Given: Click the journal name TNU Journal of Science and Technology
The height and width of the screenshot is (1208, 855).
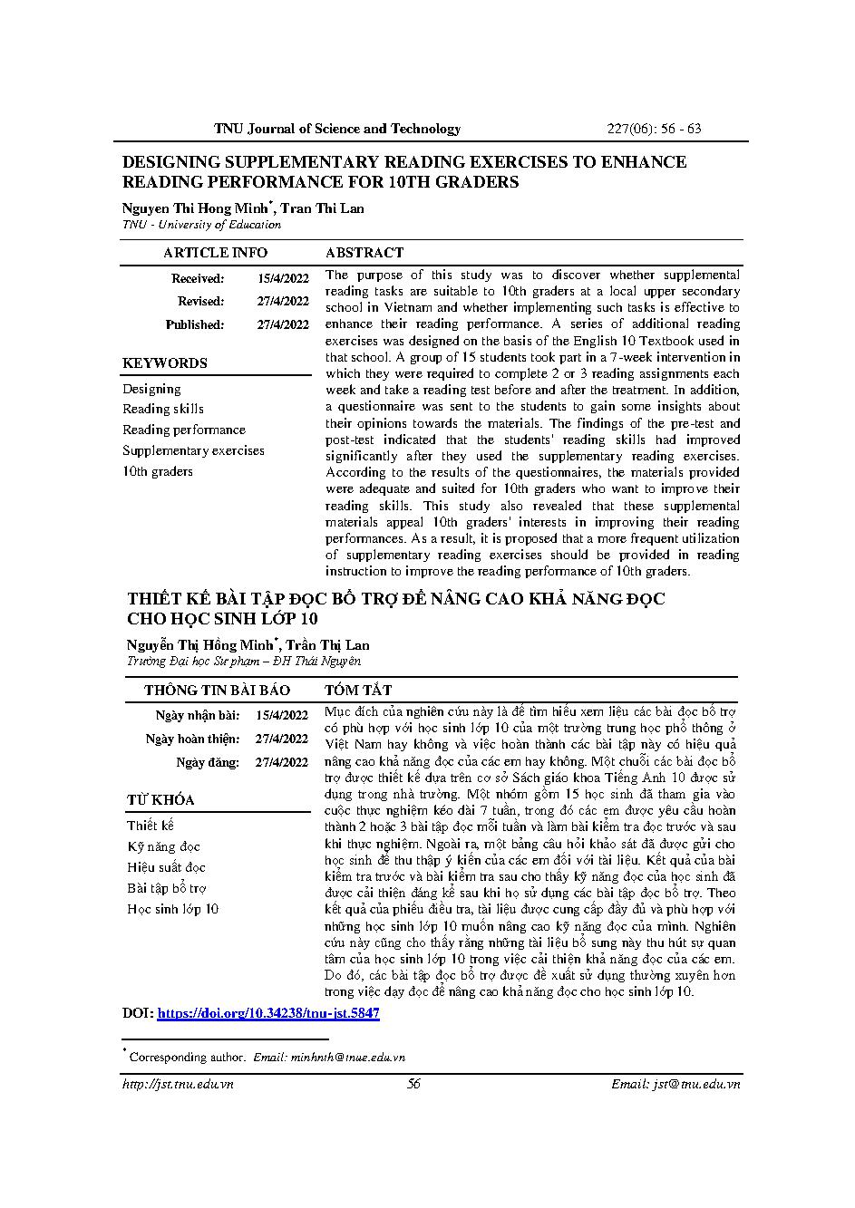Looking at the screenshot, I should pos(337,129).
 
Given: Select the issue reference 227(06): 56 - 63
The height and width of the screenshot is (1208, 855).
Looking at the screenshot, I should pos(654,129).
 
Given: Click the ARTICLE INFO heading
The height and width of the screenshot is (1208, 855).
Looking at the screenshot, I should pos(215,253).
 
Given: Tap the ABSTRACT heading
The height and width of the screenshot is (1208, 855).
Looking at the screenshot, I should pos(364,253).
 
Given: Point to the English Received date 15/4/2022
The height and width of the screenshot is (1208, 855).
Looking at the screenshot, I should pos(283,279).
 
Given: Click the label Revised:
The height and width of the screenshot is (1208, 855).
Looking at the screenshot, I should pos(200,302).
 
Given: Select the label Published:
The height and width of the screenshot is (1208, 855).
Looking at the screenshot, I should pos(194,324).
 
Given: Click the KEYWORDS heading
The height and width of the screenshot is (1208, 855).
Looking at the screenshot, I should pos(165,363).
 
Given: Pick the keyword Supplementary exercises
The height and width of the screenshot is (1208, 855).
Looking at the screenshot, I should pos(193,450).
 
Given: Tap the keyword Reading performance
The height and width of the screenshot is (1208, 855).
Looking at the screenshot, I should pos(184,430).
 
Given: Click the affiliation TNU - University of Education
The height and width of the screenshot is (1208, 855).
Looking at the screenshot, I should pos(201,225).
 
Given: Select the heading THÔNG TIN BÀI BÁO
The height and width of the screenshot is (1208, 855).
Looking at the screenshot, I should pos(217,691).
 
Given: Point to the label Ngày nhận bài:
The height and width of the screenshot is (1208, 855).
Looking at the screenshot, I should pos(197,716).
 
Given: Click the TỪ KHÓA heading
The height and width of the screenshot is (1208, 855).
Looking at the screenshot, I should pos(160,800).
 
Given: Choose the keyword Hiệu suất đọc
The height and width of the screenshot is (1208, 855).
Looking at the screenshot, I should pos(166,867).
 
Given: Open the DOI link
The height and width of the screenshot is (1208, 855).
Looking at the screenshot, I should pos(268,1013).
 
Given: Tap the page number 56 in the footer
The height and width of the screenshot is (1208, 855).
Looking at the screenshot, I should pos(413,1084).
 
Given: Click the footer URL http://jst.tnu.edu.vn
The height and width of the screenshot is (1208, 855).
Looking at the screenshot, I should pos(178,1084).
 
